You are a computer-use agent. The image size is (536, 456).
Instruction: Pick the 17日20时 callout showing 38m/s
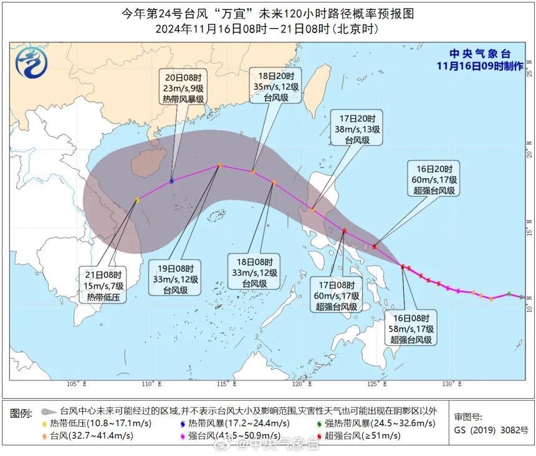[358, 129]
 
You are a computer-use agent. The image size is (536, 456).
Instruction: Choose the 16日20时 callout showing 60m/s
[434, 179]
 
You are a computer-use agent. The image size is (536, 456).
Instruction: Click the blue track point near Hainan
[172, 181]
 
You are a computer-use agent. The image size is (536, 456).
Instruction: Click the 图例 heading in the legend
[21, 412]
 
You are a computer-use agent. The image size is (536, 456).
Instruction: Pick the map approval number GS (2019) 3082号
[491, 430]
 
